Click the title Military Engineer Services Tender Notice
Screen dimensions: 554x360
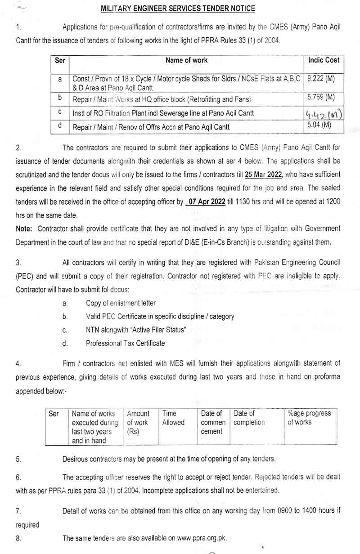[x=178, y=9]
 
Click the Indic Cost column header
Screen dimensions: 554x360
[x=324, y=60]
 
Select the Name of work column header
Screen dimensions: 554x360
[x=186, y=60]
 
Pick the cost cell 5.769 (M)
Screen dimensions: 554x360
[x=321, y=97]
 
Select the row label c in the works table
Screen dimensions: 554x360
[x=60, y=112]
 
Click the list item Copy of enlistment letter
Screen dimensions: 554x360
[x=121, y=303]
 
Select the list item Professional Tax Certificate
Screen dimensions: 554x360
[x=125, y=344]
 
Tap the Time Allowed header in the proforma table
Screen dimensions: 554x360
[x=173, y=418]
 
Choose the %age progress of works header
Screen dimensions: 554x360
[x=309, y=418]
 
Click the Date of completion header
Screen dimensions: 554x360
[x=249, y=418]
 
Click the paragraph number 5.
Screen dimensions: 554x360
[x=18, y=460]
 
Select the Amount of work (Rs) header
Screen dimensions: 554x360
[x=138, y=422]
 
